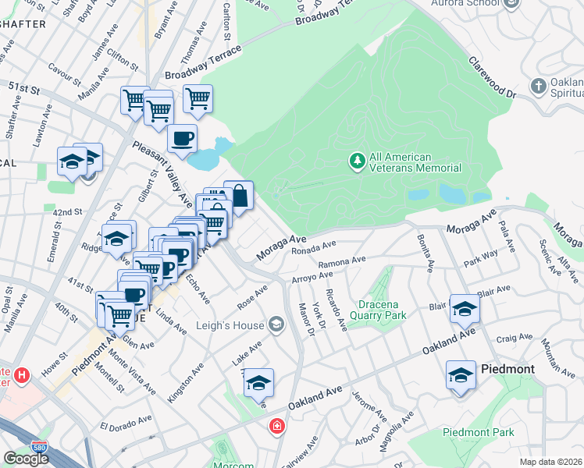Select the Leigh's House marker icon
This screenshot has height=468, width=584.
[275, 323]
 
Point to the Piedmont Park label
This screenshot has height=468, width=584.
[479, 432]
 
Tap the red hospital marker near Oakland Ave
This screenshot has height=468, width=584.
[276, 426]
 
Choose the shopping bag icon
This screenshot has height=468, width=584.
[239, 195]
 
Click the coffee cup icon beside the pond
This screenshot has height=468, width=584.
[183, 139]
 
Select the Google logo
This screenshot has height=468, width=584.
[26, 459]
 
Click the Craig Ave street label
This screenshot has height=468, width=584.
[515, 336]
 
